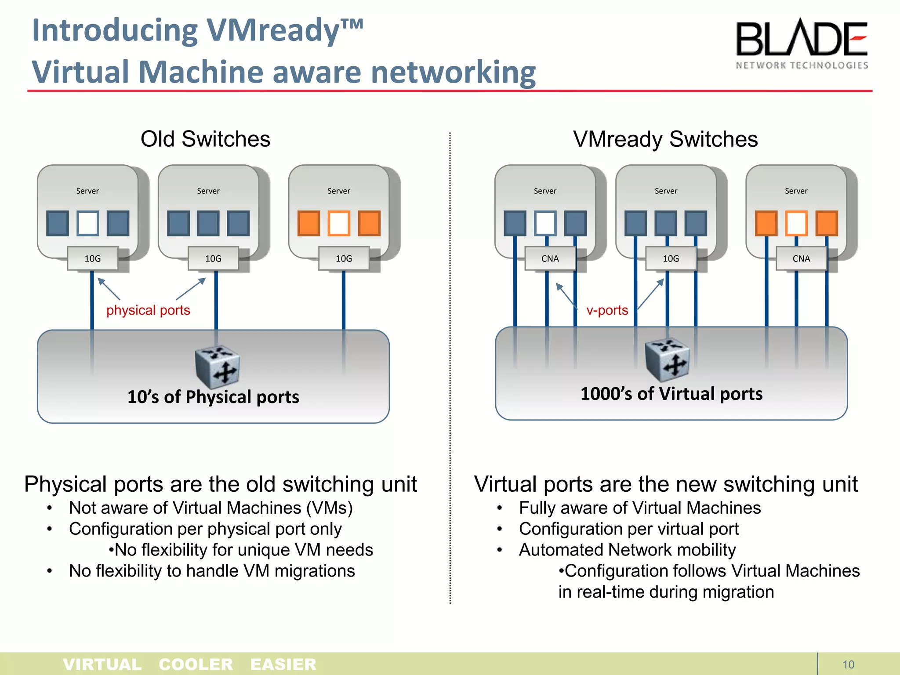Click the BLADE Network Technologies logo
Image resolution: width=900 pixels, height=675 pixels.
click(802, 44)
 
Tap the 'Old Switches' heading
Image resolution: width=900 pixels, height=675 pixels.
click(205, 139)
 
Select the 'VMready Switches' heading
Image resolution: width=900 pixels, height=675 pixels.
click(665, 139)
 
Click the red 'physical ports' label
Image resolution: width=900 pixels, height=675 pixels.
click(148, 310)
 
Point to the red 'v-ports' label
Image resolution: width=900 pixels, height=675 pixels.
click(607, 310)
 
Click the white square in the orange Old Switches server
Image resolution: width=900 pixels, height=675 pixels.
click(339, 223)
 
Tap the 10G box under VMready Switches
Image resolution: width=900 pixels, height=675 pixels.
click(671, 258)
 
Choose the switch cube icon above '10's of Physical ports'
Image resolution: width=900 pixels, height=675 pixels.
click(218, 367)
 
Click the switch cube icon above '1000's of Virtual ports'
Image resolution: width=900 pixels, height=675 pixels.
click(667, 359)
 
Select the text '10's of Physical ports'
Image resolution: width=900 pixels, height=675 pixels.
click(213, 397)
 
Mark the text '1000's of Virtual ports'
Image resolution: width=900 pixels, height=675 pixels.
click(671, 394)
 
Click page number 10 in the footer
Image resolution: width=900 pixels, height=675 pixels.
click(848, 664)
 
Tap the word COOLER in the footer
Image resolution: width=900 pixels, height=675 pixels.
click(196, 664)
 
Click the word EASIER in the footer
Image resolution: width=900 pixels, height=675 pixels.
click(283, 664)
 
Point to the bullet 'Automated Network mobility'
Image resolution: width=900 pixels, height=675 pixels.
click(627, 550)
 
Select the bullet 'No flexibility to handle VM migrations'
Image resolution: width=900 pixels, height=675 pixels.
click(212, 571)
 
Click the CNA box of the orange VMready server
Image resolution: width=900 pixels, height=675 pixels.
click(801, 258)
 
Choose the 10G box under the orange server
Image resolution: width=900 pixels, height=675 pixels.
click(344, 258)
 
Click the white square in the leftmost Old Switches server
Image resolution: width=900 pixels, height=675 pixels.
click(88, 223)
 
